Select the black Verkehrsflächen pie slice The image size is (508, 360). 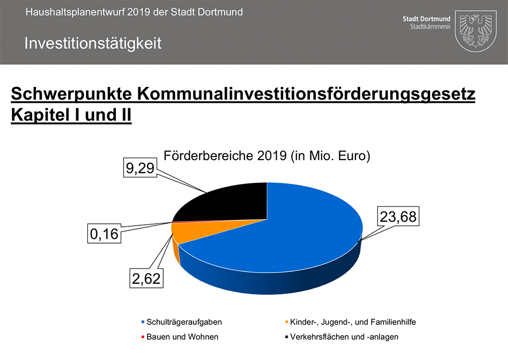[x=229, y=201]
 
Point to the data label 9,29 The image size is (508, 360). [x=140, y=168]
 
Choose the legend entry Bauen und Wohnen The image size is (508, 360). [x=182, y=337]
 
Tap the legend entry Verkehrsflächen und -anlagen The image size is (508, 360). [x=344, y=337]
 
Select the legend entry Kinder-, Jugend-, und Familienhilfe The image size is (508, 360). [x=353, y=322]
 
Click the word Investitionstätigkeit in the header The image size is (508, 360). [x=93, y=43]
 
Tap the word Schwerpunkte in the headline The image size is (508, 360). [x=71, y=94]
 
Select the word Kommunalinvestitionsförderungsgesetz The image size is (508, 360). [x=305, y=94]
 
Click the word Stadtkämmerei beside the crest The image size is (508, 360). [x=430, y=26]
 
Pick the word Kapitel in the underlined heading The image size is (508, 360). [x=36, y=114]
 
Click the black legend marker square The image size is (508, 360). [x=287, y=337]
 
